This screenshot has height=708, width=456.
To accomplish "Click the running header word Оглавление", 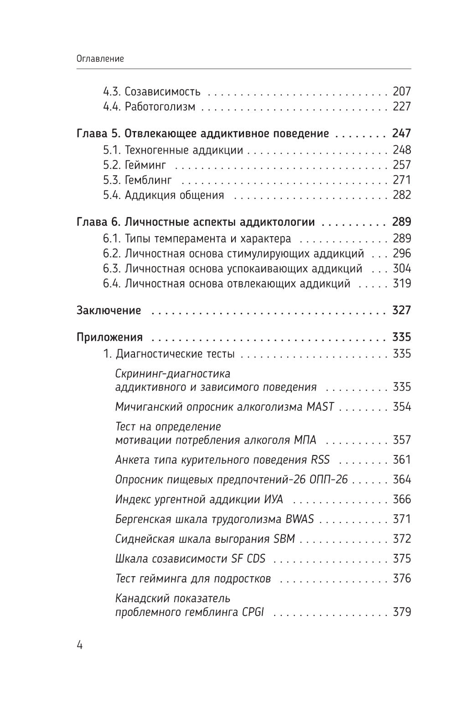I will (x=100, y=58).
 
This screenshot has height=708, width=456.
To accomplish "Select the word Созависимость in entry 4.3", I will (x=163, y=91).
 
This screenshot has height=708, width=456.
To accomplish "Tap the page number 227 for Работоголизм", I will (x=402, y=106).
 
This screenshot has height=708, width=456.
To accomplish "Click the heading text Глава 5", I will (x=98, y=133).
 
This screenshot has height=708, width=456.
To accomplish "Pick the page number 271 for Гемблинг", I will (x=402, y=180).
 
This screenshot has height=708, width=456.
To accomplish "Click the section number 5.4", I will (x=112, y=195).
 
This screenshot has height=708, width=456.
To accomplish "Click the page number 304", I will (x=402, y=268).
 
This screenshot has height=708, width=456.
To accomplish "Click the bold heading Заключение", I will (x=109, y=310).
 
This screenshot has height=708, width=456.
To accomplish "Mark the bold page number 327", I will (x=402, y=310).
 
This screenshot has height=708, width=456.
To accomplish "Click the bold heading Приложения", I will (x=110, y=337).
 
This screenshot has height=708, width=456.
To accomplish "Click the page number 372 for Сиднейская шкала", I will (x=402, y=539).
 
